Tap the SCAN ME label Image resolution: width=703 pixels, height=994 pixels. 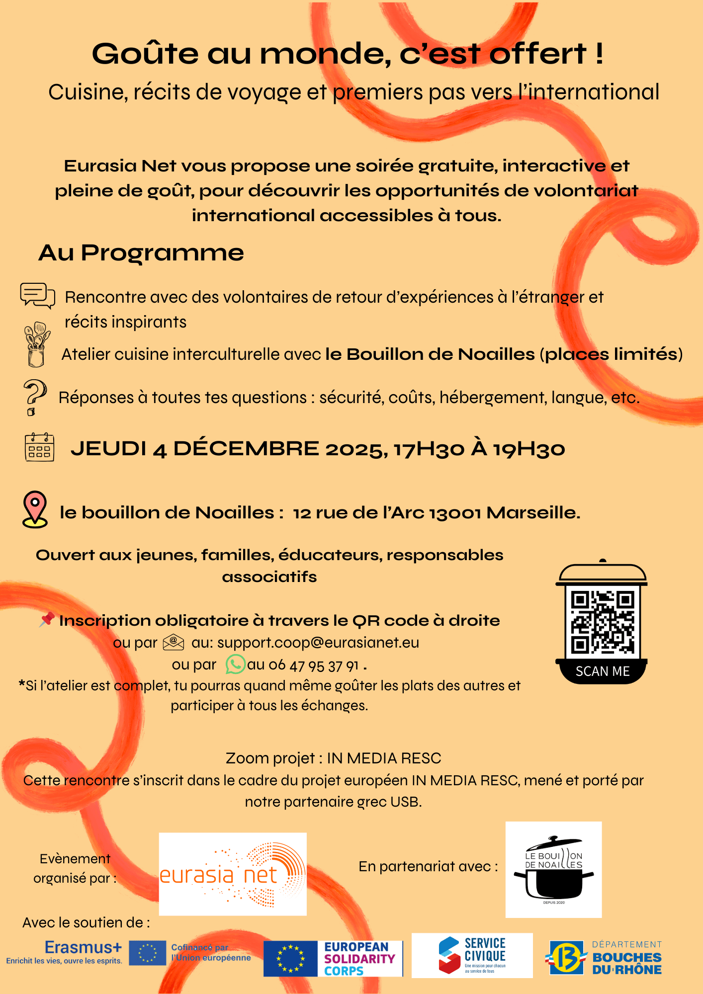(x=602, y=671)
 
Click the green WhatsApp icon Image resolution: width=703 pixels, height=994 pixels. (x=235, y=664)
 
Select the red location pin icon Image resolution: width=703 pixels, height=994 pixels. (x=35, y=509)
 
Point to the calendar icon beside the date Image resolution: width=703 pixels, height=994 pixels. (x=39, y=447)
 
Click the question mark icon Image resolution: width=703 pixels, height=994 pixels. (x=34, y=397)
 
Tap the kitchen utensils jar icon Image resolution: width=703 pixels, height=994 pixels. (x=37, y=344)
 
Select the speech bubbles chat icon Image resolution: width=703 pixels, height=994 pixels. (x=37, y=295)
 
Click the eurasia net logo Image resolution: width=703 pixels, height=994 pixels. (x=233, y=874)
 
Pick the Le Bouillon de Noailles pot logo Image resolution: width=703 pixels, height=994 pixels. (x=553, y=870)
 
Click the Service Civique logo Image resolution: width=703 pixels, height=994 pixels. (x=472, y=955)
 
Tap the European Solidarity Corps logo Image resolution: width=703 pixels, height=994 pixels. (x=333, y=959)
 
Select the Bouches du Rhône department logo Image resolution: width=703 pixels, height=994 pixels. (x=604, y=957)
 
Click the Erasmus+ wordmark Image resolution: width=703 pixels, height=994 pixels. (x=83, y=947)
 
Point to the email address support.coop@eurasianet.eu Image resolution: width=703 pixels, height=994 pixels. (x=318, y=643)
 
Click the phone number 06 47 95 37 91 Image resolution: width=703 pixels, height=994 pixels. (x=314, y=665)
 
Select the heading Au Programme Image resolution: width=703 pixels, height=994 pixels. (x=141, y=252)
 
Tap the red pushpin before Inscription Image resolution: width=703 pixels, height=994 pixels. (x=47, y=619)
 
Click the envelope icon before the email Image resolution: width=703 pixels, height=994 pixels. (x=174, y=642)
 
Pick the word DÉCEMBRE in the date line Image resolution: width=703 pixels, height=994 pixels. (x=246, y=448)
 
